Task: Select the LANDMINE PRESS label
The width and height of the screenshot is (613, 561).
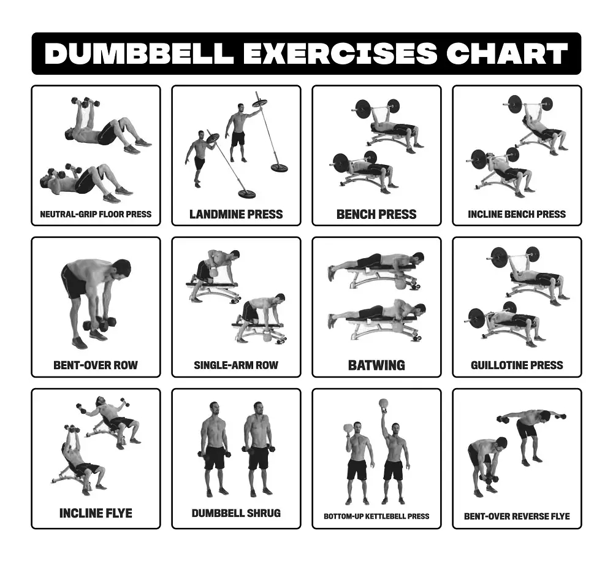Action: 236,214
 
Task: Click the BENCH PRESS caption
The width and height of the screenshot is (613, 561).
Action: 376,214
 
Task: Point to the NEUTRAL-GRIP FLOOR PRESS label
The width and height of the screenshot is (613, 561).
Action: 96,215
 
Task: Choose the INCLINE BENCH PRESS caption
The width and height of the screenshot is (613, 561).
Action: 517,215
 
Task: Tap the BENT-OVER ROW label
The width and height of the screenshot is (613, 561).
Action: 96,365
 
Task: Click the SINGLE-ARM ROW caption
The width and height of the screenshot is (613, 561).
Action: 236,365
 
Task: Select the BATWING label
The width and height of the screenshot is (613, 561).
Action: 376,365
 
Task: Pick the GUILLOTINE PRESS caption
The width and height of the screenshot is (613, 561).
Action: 517,365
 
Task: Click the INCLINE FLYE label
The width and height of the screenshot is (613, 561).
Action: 96,513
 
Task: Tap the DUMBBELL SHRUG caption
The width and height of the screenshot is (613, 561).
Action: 236,513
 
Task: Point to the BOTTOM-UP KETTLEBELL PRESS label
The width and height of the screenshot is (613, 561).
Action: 376,516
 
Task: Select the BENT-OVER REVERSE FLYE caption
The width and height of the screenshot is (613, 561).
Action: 517,516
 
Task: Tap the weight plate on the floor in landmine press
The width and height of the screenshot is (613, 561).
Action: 247,194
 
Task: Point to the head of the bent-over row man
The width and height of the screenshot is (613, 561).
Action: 121,269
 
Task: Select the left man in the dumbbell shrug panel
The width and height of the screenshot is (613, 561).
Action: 215,448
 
